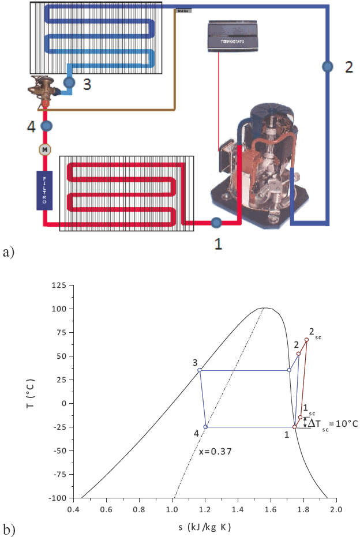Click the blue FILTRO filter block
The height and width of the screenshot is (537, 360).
click(x=44, y=190)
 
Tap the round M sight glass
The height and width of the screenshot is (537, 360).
click(x=44, y=149)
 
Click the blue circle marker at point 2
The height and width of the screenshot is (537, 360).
click(x=327, y=67)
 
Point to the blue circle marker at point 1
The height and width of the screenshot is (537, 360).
click(x=216, y=222)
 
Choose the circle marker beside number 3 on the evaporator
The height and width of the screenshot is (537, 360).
click(x=69, y=83)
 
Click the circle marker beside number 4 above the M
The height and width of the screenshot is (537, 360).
click(x=46, y=125)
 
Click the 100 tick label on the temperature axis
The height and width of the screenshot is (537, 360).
click(x=60, y=309)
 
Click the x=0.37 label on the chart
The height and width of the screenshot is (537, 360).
click(x=215, y=452)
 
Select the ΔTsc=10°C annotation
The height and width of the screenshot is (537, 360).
click(x=333, y=423)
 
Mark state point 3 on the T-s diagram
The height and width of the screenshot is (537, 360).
click(x=200, y=370)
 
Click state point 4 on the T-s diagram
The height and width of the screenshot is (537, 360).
click(x=205, y=427)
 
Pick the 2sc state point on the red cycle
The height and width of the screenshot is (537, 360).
click(x=306, y=340)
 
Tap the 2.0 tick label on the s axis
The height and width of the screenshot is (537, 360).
click(x=337, y=510)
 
